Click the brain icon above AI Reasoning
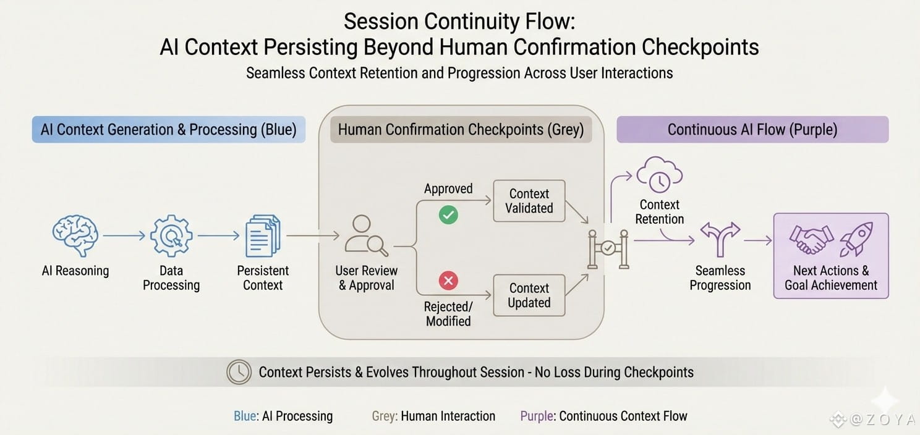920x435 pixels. (x=75, y=235)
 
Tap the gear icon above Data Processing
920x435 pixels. (x=171, y=235)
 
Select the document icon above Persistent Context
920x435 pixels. (x=263, y=235)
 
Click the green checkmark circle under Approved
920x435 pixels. (x=448, y=215)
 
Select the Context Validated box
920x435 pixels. (x=529, y=201)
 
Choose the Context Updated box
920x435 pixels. (x=529, y=295)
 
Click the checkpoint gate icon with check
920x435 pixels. (x=608, y=249)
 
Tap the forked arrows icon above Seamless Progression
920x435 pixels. (x=720, y=239)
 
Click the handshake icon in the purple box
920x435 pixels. (x=811, y=239)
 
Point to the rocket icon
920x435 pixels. (x=856, y=239)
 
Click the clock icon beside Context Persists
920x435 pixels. (x=239, y=372)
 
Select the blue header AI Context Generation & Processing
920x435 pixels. (x=168, y=130)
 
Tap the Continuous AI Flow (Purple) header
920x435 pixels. (x=752, y=130)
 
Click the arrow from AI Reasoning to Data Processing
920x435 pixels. (x=123, y=235)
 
